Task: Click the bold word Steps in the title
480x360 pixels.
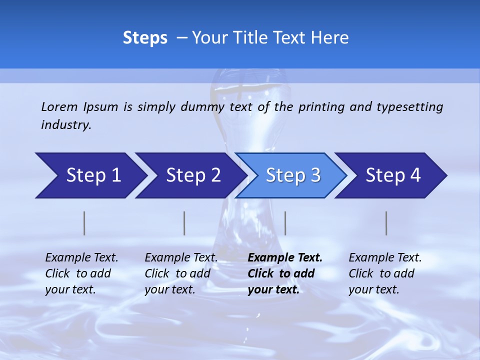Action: coord(145,38)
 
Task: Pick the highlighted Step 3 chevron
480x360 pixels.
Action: coord(292,175)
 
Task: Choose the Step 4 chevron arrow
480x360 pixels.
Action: coord(393,175)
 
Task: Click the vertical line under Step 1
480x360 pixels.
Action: coord(84,223)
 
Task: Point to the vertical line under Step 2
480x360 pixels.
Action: coord(184,223)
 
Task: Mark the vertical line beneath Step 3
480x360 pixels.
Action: coord(285,223)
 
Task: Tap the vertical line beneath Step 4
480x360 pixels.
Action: coord(386,223)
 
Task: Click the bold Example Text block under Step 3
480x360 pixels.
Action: coord(285,273)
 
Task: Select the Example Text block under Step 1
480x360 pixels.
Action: coord(81,273)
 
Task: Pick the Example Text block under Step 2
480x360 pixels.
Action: coord(181,273)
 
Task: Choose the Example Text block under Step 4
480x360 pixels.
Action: coord(385,273)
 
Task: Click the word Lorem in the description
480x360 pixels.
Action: coord(59,107)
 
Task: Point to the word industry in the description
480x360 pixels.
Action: coord(66,125)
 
